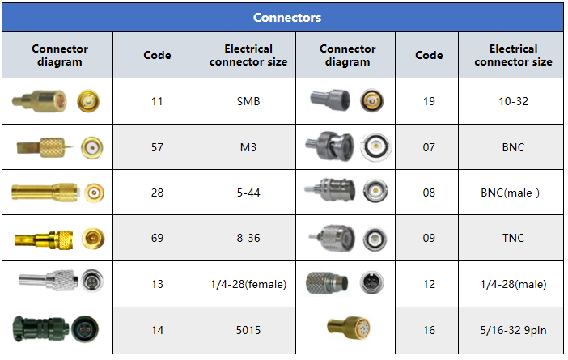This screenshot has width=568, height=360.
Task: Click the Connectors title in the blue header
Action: click(286, 18)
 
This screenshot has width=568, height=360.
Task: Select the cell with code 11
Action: click(157, 102)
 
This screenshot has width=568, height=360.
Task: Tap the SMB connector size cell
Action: click(248, 102)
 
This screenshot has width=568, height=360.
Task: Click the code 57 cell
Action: click(157, 147)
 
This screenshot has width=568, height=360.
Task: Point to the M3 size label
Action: click(248, 147)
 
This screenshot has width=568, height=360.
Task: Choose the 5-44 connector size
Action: click(248, 193)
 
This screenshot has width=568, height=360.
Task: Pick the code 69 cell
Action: click(157, 238)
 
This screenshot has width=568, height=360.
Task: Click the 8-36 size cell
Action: click(248, 238)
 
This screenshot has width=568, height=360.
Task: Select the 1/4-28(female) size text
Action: click(248, 284)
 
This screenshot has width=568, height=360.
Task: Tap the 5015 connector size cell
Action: click(248, 330)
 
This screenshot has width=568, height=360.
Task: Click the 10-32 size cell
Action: click(513, 102)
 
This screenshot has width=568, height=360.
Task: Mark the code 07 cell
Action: click(429, 147)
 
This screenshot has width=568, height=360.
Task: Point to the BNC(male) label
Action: click(513, 193)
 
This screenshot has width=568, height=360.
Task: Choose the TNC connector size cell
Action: click(513, 238)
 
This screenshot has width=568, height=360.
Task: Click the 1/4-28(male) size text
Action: click(513, 284)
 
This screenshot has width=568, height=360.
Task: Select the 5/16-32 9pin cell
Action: click(513, 330)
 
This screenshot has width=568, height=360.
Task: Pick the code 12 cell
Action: click(429, 284)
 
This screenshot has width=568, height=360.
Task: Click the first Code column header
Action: click(157, 55)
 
